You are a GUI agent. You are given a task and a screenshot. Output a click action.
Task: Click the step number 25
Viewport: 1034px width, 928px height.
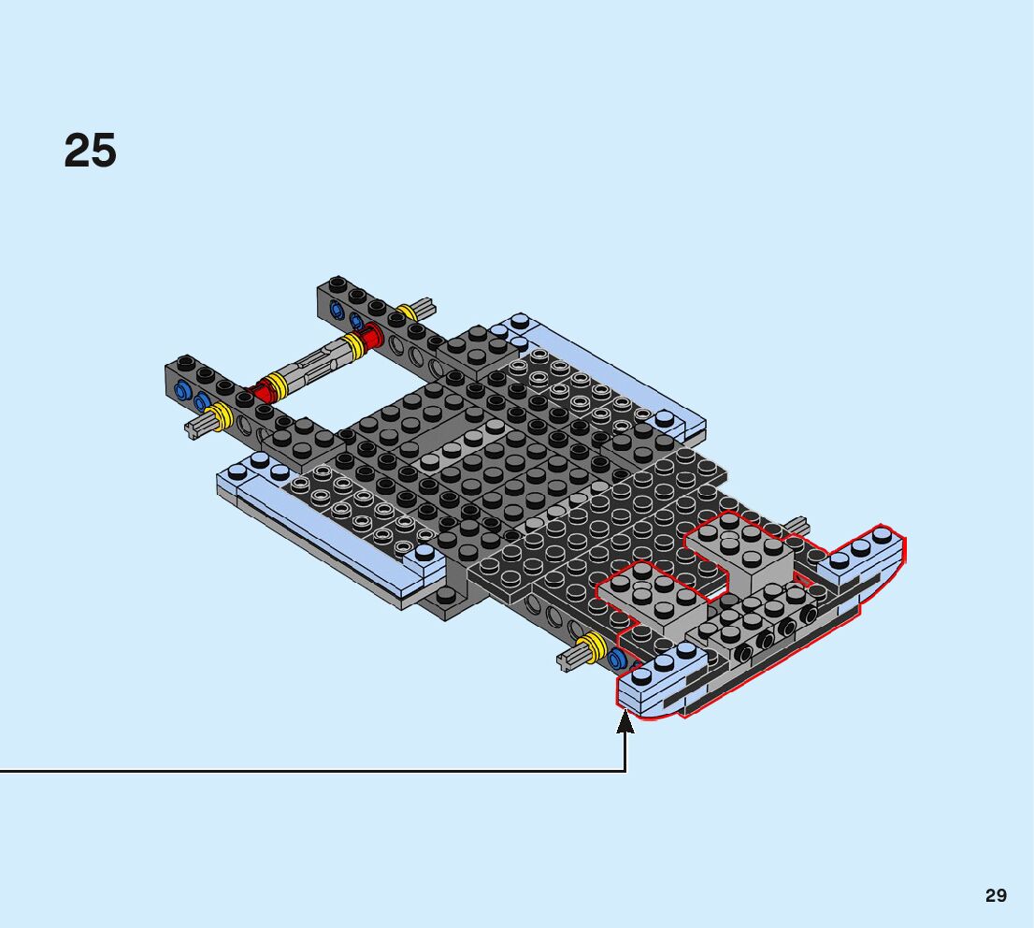click(x=91, y=152)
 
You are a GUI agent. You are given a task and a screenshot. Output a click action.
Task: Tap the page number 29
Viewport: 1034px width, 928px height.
click(x=996, y=896)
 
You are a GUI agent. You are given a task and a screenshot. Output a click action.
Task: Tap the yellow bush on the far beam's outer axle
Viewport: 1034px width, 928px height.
click(x=408, y=313)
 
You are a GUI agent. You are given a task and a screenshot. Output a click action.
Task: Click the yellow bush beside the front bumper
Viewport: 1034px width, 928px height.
click(x=592, y=646)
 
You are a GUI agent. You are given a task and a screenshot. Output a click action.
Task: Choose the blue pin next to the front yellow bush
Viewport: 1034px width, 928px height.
click(x=616, y=660)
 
